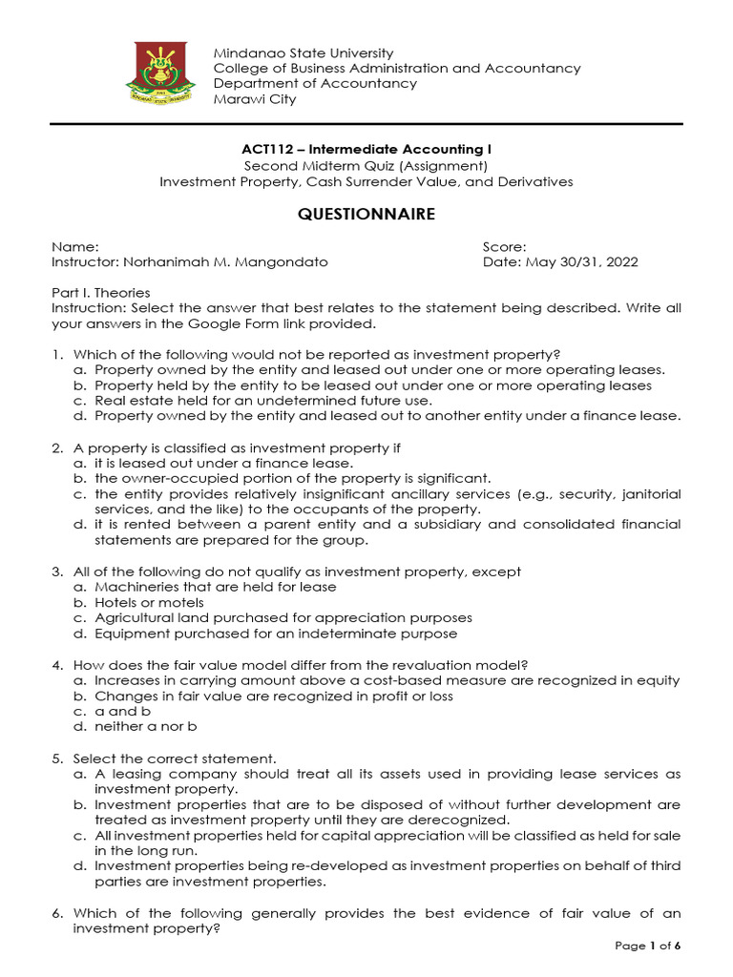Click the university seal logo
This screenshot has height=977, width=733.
(160, 75)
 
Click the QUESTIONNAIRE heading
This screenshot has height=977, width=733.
(366, 215)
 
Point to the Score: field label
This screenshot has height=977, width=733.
(505, 246)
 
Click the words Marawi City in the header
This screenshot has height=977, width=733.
(255, 99)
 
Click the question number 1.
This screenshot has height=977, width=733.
(56, 355)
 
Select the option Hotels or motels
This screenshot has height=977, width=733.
(148, 603)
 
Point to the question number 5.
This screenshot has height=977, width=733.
(56, 759)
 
